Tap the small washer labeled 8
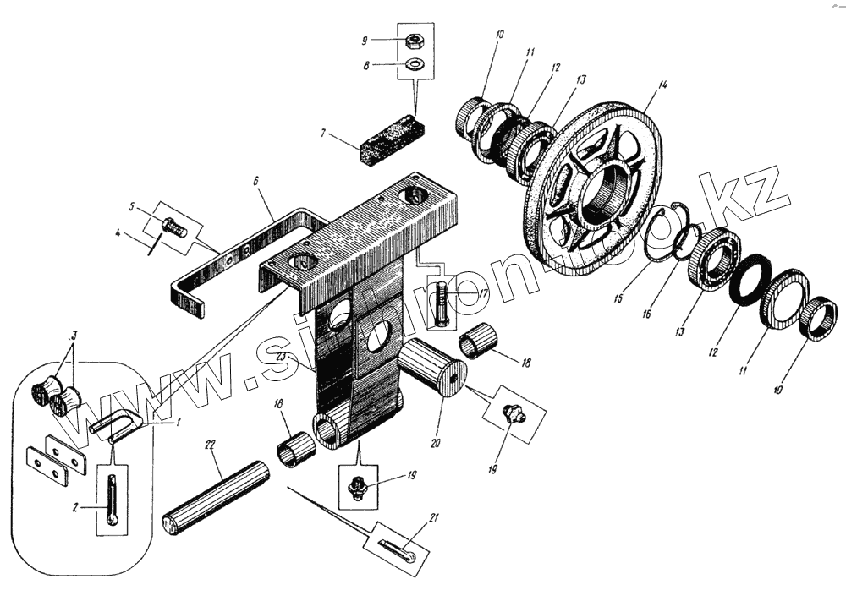click(x=415, y=64)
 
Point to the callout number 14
click(x=663, y=85)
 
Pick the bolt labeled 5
click(x=172, y=227)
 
